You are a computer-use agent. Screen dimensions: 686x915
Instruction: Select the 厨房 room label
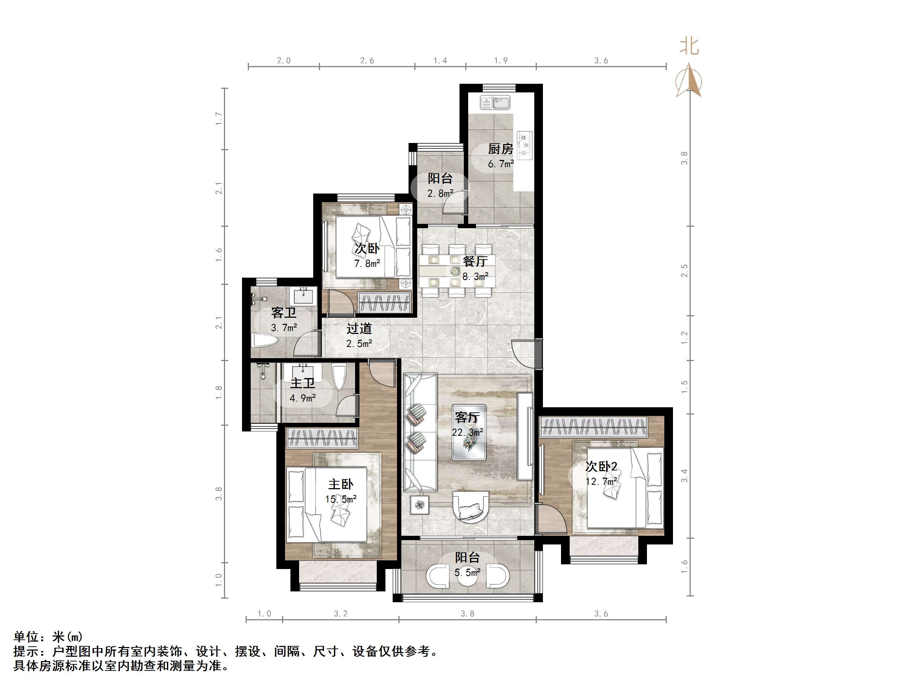tap(501, 149)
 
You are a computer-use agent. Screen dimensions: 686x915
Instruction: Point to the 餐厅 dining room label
tap(475, 261)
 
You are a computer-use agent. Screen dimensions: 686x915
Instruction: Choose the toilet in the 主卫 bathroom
tap(339, 376)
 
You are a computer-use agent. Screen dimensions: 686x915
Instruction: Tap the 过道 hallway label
tap(359, 329)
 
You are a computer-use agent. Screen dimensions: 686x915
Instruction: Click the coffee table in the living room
tap(469, 432)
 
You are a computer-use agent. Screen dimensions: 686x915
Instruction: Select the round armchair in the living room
tap(471, 507)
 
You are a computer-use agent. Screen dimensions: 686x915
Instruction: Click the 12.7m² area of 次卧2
tap(601, 481)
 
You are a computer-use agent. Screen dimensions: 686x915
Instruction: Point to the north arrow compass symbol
tap(689, 81)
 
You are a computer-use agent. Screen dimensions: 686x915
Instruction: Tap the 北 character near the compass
tap(690, 46)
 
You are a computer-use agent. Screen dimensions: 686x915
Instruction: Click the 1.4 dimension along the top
tap(440, 61)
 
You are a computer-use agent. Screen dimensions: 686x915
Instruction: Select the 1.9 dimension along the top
tap(501, 61)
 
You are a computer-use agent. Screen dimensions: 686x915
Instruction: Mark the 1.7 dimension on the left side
tap(219, 119)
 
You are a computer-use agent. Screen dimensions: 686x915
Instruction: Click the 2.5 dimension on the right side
tap(685, 271)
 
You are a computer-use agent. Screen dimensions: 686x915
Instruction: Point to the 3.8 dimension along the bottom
tap(467, 614)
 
